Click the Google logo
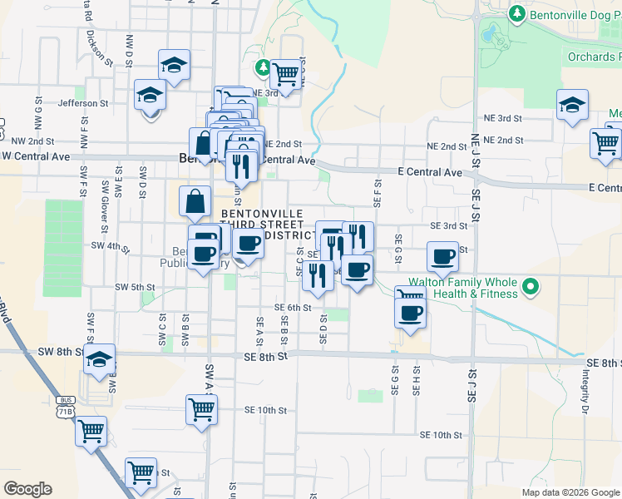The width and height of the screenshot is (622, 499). click(x=27, y=489)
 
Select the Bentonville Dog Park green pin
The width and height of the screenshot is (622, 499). click(x=516, y=14)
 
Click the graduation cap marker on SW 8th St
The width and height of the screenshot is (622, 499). click(x=100, y=360)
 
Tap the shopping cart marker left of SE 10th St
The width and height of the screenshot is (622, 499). click(x=202, y=408)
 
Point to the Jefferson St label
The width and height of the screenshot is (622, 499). click(x=83, y=103)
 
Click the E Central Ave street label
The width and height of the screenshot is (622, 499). click(x=429, y=172)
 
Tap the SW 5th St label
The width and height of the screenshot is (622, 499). click(x=135, y=287)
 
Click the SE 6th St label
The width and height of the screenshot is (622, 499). click(x=292, y=307)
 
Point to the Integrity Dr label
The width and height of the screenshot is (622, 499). click(x=585, y=392)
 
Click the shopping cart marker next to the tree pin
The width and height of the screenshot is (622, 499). click(x=286, y=75)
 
